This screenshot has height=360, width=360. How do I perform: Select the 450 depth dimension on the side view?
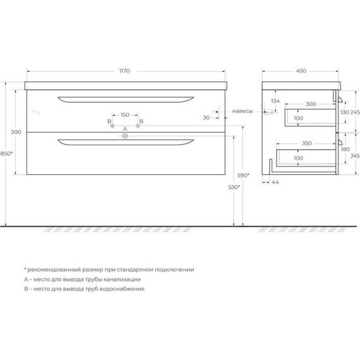point(301,71)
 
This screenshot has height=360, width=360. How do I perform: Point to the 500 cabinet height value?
point(16,131)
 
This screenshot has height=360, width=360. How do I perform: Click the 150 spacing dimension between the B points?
point(125,115)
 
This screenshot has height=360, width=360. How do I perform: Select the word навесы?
point(243,111)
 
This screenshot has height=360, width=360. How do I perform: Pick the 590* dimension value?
point(243,175)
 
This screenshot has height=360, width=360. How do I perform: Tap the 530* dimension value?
point(235,188)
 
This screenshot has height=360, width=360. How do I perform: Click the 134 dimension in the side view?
point(275,101)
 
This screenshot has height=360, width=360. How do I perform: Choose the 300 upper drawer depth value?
point(311,104)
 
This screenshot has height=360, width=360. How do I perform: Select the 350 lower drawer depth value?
point(306,144)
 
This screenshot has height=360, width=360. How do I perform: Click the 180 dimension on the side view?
point(345,150)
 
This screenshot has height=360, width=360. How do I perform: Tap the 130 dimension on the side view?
point(345,112)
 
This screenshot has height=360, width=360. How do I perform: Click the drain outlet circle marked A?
point(125,135)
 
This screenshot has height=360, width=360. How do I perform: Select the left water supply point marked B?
point(113,127)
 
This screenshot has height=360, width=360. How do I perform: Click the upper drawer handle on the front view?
point(125,99)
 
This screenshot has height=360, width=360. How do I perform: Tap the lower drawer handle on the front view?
point(125,141)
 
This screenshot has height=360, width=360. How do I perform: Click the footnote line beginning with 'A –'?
point(82,279)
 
